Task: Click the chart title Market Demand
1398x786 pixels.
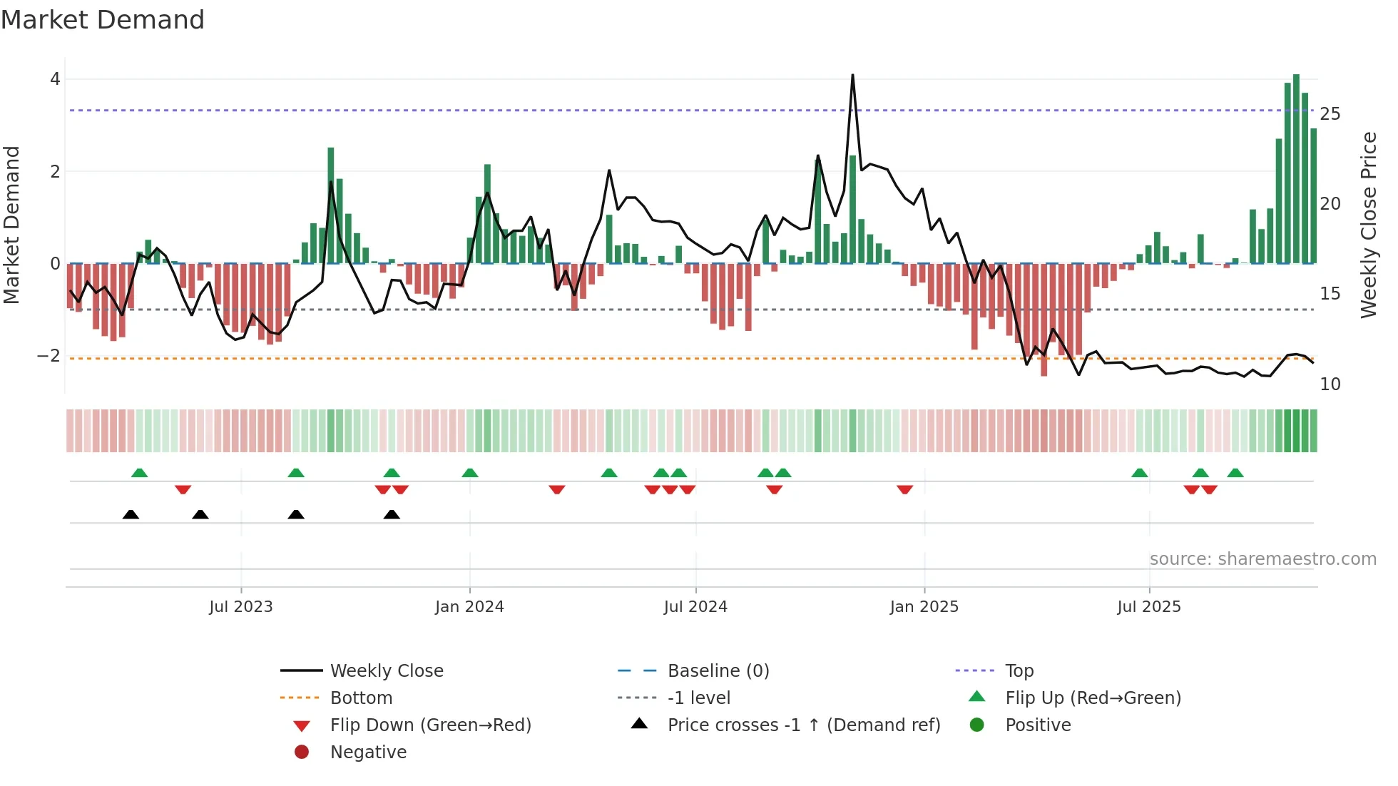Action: (103, 20)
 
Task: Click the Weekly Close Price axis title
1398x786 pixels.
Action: (1368, 225)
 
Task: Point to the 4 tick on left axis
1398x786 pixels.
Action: (55, 79)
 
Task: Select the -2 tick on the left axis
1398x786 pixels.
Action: (49, 355)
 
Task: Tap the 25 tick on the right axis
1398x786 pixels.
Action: (1330, 114)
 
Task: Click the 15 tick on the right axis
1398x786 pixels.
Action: (1330, 294)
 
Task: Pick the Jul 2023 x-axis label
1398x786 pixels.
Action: (240, 607)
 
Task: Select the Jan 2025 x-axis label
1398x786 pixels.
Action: (924, 607)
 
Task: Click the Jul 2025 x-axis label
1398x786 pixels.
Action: (1148, 607)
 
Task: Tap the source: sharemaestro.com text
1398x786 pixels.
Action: (1262, 559)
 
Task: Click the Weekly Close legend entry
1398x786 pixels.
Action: (386, 671)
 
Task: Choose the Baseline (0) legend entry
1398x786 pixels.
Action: (718, 671)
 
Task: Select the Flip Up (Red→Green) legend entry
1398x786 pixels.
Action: (1093, 698)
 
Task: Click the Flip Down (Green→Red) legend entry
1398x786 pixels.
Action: (430, 725)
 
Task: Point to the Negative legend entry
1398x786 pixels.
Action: (368, 752)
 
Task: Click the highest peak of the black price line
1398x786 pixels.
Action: (852, 76)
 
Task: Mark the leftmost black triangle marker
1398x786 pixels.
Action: (131, 514)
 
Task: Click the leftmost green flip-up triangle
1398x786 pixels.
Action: (140, 473)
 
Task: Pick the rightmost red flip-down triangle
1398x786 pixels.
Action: (1209, 489)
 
